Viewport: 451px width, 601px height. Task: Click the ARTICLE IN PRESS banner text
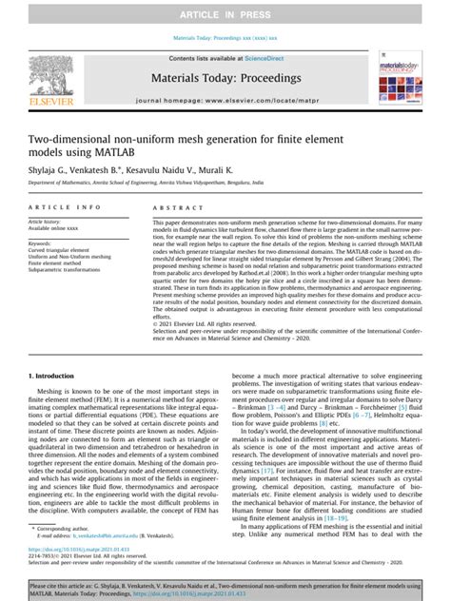point(225,11)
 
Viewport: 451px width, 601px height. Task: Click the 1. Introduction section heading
point(55,376)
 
